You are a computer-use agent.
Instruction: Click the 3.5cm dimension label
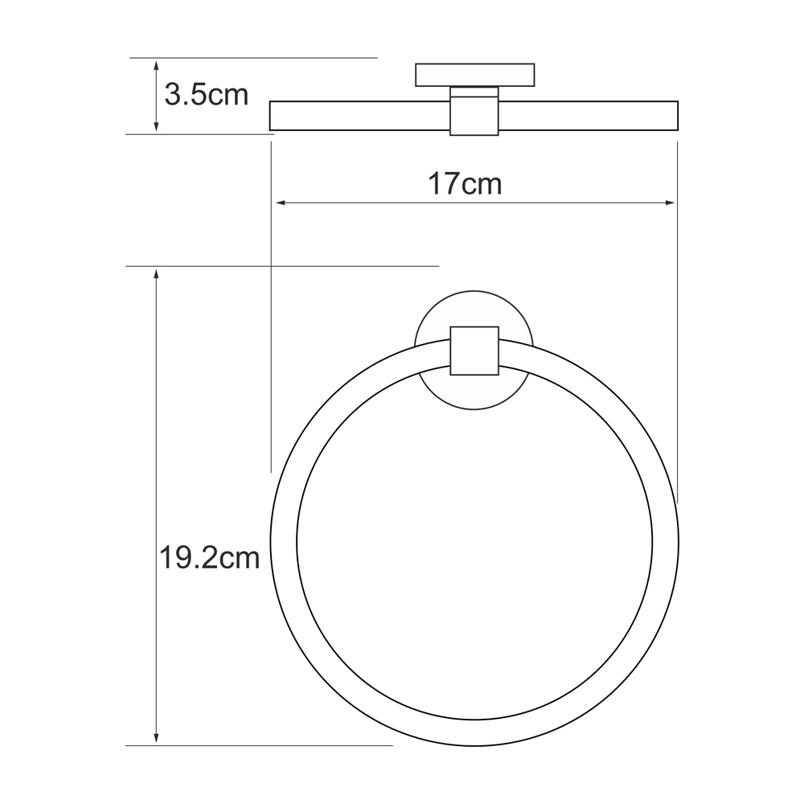(206, 95)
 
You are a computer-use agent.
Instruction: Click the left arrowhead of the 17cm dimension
(281, 203)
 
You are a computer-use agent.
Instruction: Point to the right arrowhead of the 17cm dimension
(671, 203)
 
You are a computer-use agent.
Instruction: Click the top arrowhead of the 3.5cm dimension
(157, 64)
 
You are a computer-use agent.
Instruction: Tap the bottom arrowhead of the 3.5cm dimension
(157, 127)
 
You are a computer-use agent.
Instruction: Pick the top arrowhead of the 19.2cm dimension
(157, 273)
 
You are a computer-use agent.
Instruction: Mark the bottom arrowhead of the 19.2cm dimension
(157, 738)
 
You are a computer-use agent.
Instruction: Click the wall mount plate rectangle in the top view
(475, 75)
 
